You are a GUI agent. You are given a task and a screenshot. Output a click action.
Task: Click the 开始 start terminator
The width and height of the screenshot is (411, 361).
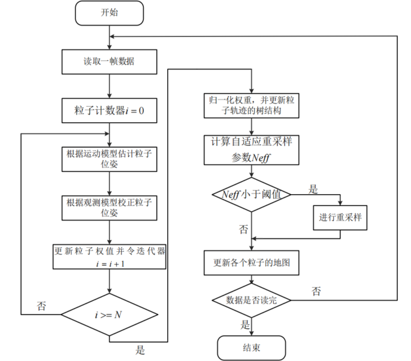109,12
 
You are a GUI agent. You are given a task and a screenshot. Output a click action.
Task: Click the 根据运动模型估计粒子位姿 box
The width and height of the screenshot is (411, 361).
109,160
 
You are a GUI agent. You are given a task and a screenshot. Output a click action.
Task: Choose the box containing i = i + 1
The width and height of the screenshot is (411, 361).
109,256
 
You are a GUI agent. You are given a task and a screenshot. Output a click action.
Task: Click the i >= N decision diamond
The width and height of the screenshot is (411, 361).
109,315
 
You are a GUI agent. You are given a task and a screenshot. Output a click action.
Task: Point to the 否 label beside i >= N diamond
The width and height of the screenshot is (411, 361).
42,305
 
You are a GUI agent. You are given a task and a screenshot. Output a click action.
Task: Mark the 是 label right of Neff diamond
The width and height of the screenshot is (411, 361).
313,189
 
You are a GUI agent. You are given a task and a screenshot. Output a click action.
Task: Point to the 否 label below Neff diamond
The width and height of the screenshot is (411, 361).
244,230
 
